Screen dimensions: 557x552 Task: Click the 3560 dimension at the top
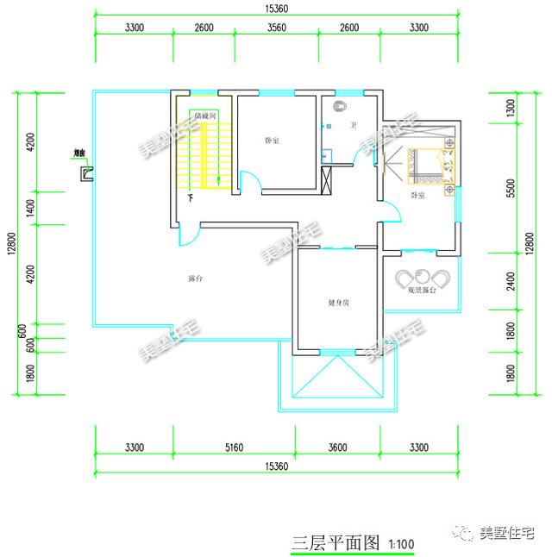276,28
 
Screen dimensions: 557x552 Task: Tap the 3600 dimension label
337,447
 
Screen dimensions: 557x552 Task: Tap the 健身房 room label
338,303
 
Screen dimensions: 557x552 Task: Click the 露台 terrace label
195,278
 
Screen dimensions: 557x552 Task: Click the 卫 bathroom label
353,126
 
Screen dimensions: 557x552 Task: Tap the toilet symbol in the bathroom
340,107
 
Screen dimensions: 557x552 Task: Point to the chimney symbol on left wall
87,174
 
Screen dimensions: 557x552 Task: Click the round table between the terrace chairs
423,277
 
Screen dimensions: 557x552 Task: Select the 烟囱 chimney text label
79,155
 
